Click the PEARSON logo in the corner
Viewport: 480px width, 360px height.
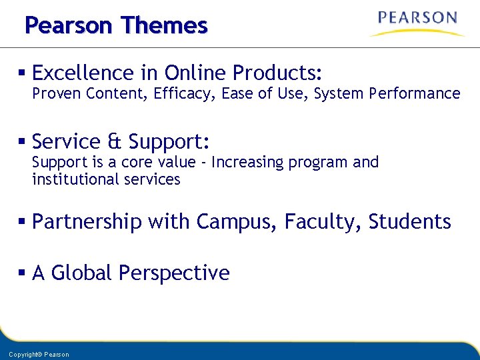tap(417, 23)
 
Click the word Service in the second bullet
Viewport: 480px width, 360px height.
tap(66, 141)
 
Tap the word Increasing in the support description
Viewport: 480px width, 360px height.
tap(245, 163)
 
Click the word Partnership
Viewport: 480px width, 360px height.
tap(87, 221)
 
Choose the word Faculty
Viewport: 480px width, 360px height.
tap(323, 221)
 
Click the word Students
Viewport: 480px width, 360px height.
tap(409, 221)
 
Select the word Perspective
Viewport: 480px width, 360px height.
tap(174, 273)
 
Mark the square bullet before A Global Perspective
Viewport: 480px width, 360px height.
tap(23, 273)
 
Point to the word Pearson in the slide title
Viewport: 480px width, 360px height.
tap(69, 25)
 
